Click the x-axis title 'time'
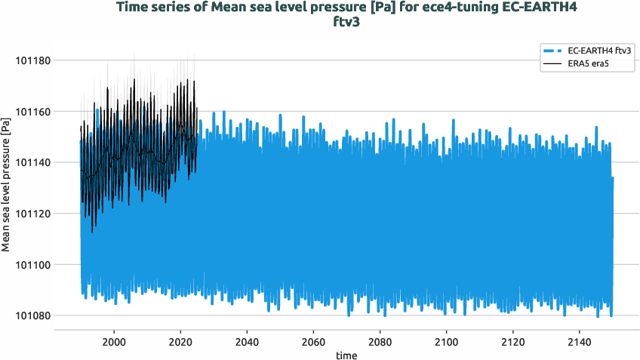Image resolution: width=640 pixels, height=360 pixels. coord(347,354)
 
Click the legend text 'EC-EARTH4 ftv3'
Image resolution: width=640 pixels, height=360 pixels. coord(599,51)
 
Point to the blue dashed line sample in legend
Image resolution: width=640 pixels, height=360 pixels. coord(552,51)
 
